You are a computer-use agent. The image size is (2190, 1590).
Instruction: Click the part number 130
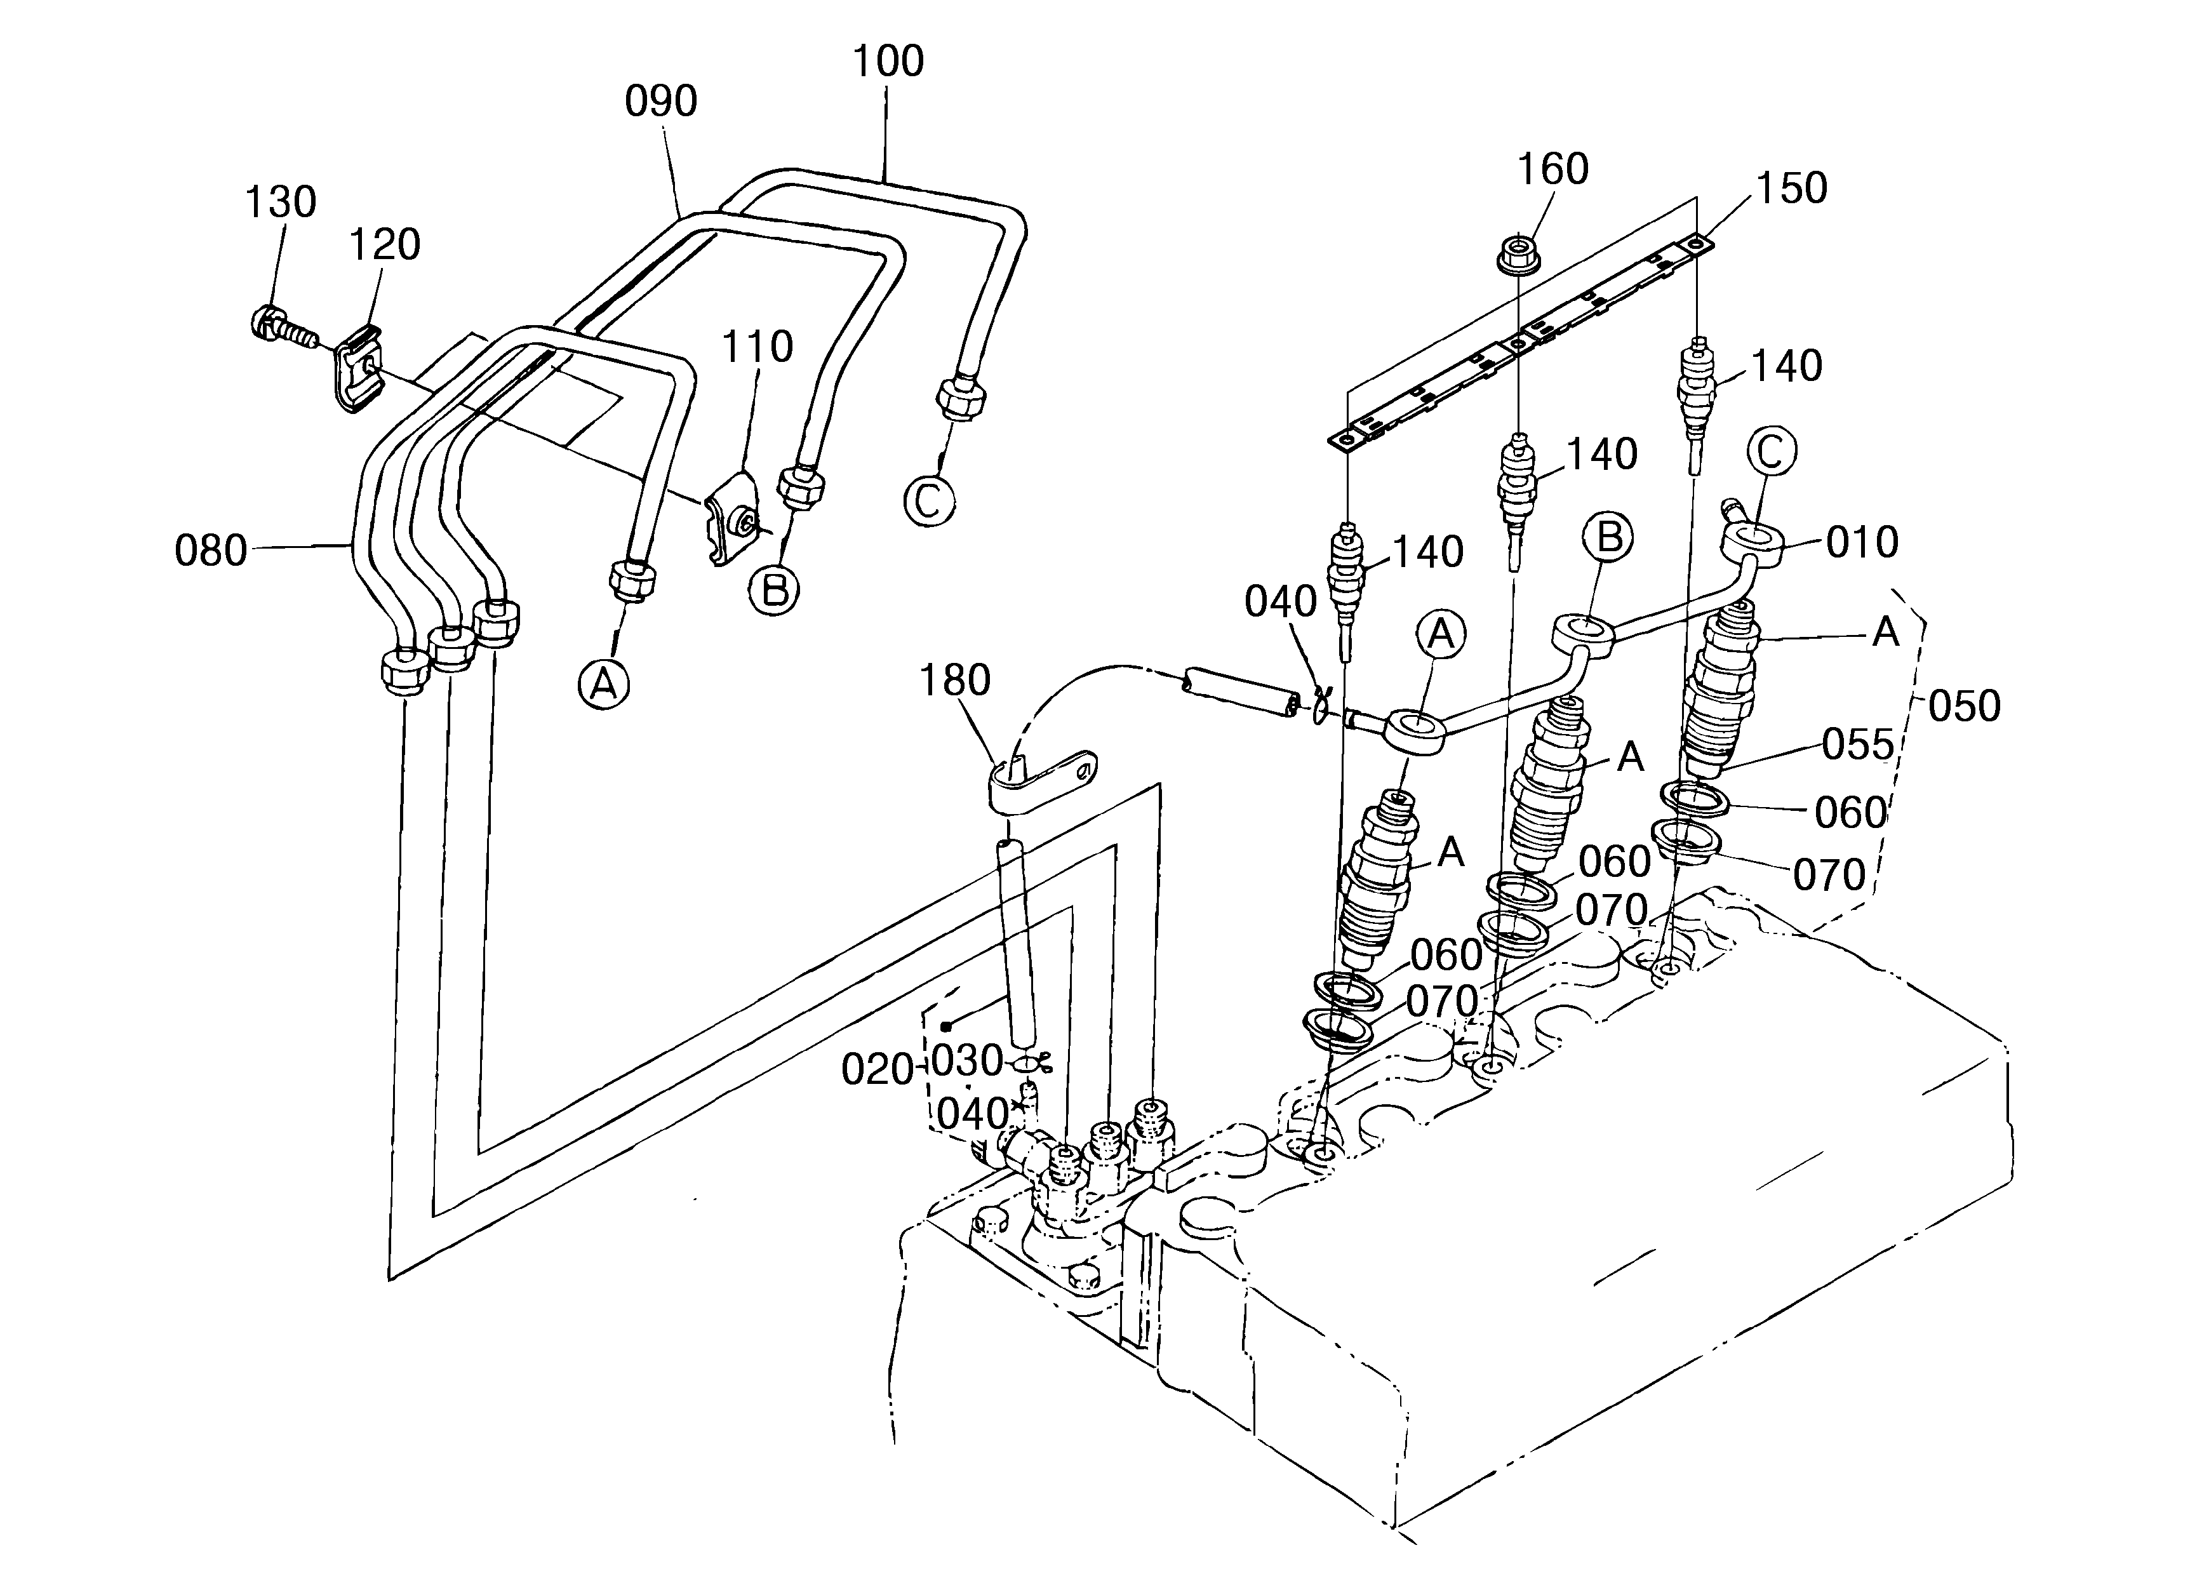(x=280, y=202)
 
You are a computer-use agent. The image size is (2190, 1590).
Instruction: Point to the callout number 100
(x=888, y=61)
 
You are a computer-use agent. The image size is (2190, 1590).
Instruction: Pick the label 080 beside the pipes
(x=211, y=551)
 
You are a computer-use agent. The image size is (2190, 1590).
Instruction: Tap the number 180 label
(x=954, y=681)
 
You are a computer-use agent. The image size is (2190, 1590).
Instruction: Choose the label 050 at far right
(x=1964, y=707)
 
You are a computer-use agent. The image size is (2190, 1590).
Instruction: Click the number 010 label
(x=1862, y=542)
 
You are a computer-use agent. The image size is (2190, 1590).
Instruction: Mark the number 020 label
(x=877, y=1070)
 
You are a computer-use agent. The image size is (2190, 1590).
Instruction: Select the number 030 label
(x=966, y=1061)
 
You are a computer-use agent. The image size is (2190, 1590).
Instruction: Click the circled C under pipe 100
(x=929, y=502)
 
